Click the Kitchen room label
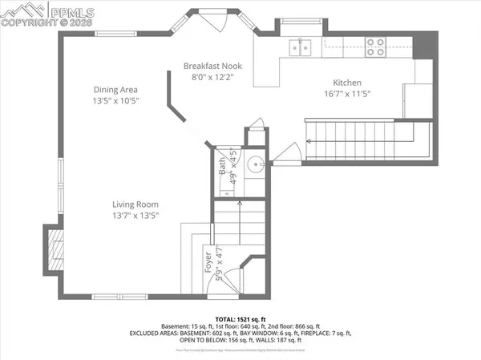click(x=347, y=83)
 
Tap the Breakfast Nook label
click(x=212, y=66)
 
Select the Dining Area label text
click(x=116, y=90)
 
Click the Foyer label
click(x=208, y=261)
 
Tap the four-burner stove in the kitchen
click(x=374, y=45)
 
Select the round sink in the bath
click(x=255, y=166)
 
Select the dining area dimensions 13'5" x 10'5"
click(x=116, y=101)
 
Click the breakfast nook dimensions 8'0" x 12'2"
click(x=212, y=77)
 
